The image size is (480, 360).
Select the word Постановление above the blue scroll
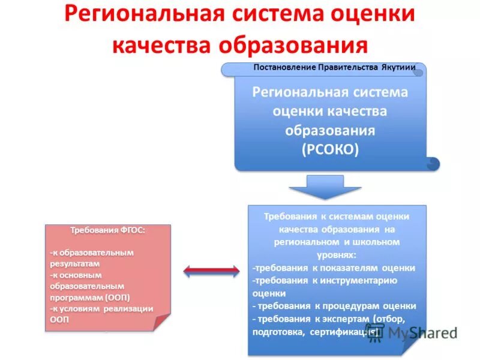click(284, 67)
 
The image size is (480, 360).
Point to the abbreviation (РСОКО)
click(330, 149)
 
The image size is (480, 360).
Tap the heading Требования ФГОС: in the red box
click(108, 230)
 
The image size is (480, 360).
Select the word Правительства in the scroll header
click(348, 67)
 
